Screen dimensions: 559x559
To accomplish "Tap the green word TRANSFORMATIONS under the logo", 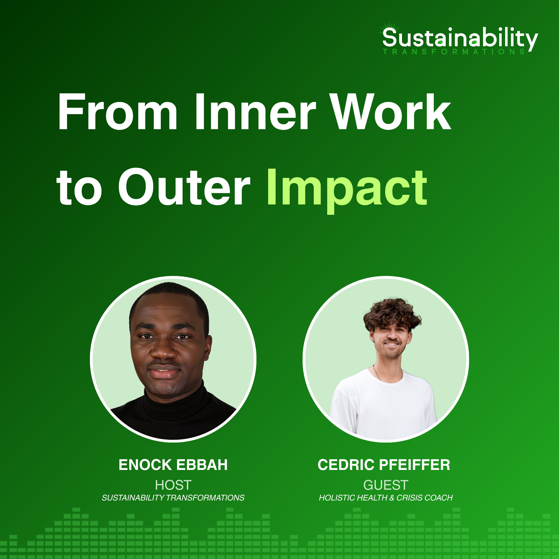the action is [x=454, y=52].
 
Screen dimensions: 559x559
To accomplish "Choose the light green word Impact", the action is [x=347, y=191].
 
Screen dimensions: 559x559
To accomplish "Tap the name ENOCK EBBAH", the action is [x=173, y=465].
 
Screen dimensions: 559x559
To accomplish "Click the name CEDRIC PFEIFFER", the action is [x=384, y=465].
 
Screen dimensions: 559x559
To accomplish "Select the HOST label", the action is [x=173, y=485].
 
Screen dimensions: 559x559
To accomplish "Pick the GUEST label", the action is [x=386, y=485].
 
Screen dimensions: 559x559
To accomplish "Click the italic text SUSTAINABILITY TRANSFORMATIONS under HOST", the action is [x=173, y=498].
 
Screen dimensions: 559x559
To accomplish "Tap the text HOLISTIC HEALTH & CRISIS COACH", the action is [x=386, y=498].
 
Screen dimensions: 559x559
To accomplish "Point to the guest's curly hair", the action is [x=392, y=314].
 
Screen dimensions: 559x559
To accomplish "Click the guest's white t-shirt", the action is [x=383, y=405].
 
